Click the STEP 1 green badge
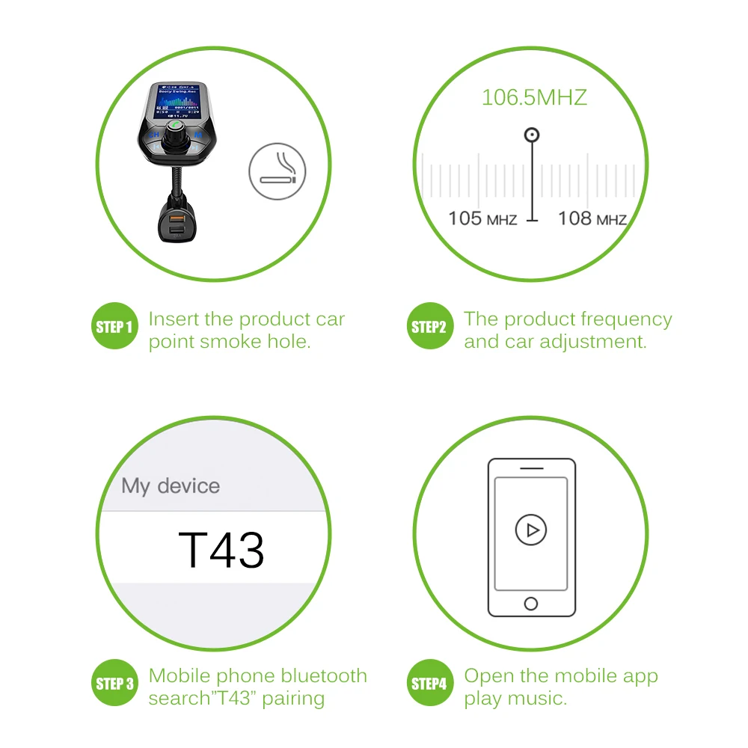tap(114, 326)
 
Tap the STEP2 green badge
tap(429, 326)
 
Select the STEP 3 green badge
tap(114, 683)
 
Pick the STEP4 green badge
tap(429, 683)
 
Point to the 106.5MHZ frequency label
tap(534, 97)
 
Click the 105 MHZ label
tap(482, 218)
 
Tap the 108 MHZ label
tap(592, 218)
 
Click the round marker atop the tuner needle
tap(532, 135)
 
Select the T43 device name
tap(221, 550)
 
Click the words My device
tap(171, 485)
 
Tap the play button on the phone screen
tap(531, 530)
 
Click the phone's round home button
tap(531, 603)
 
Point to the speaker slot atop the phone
tap(531, 469)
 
